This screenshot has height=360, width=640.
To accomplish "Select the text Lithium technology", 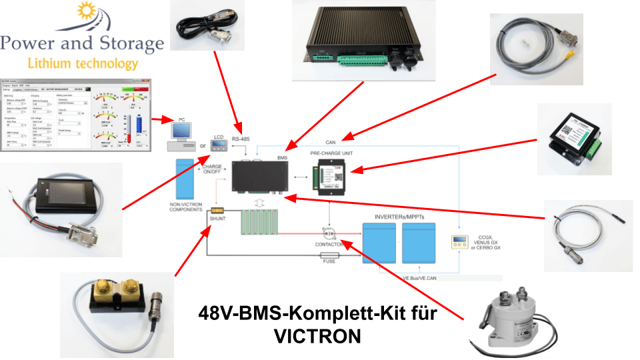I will click(83, 64).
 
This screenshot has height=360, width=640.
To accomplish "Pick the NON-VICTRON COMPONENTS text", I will click(186, 205).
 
